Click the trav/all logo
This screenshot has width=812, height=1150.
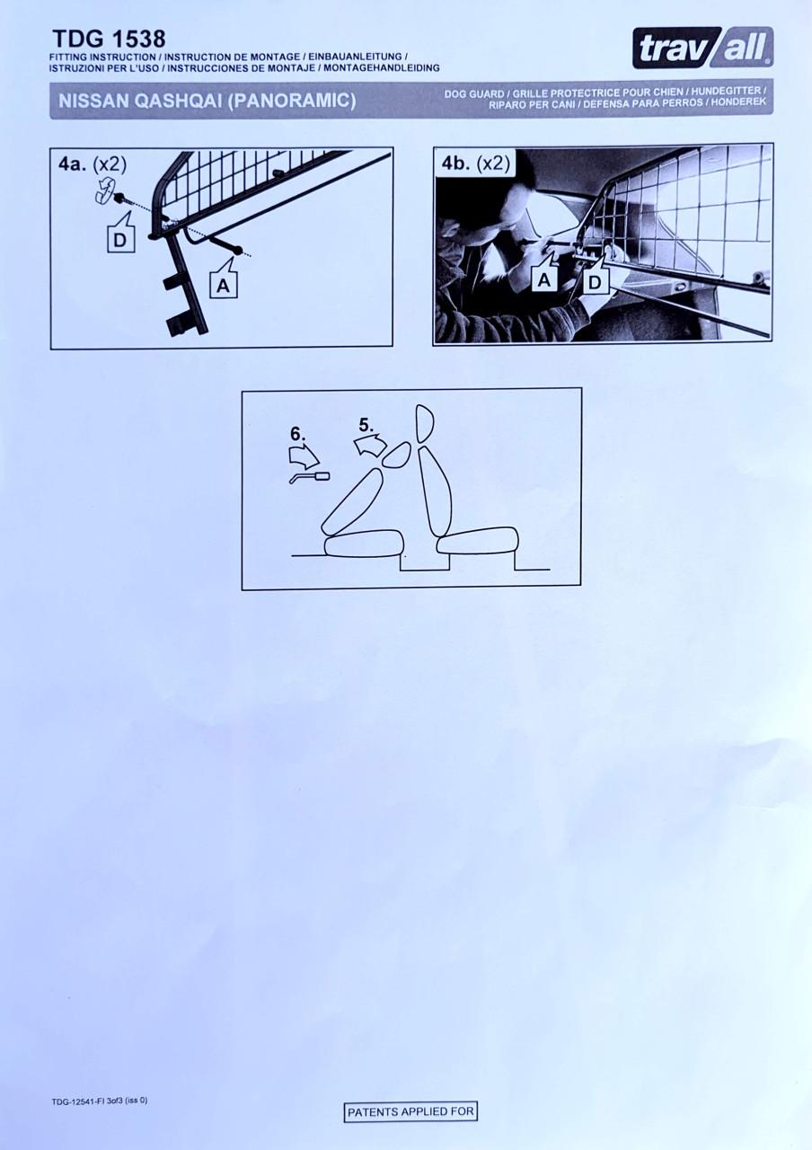[x=702, y=48]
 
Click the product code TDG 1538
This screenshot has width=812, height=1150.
[x=109, y=39]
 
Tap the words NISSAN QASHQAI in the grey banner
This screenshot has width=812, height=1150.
[x=141, y=102]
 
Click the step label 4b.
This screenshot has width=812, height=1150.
[x=456, y=164]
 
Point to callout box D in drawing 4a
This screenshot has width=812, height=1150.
[x=120, y=235]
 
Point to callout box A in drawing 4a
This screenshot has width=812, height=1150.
[x=225, y=280]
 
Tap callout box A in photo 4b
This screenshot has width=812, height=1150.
[x=544, y=274]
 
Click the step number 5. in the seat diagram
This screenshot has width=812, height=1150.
[x=366, y=426]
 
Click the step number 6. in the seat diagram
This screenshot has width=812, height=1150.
[x=297, y=434]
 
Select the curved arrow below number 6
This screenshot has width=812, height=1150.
[x=304, y=456]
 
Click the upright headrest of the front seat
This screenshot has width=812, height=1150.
[x=424, y=423]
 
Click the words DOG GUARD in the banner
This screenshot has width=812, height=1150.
[x=473, y=94]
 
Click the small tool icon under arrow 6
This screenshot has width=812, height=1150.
[x=310, y=477]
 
